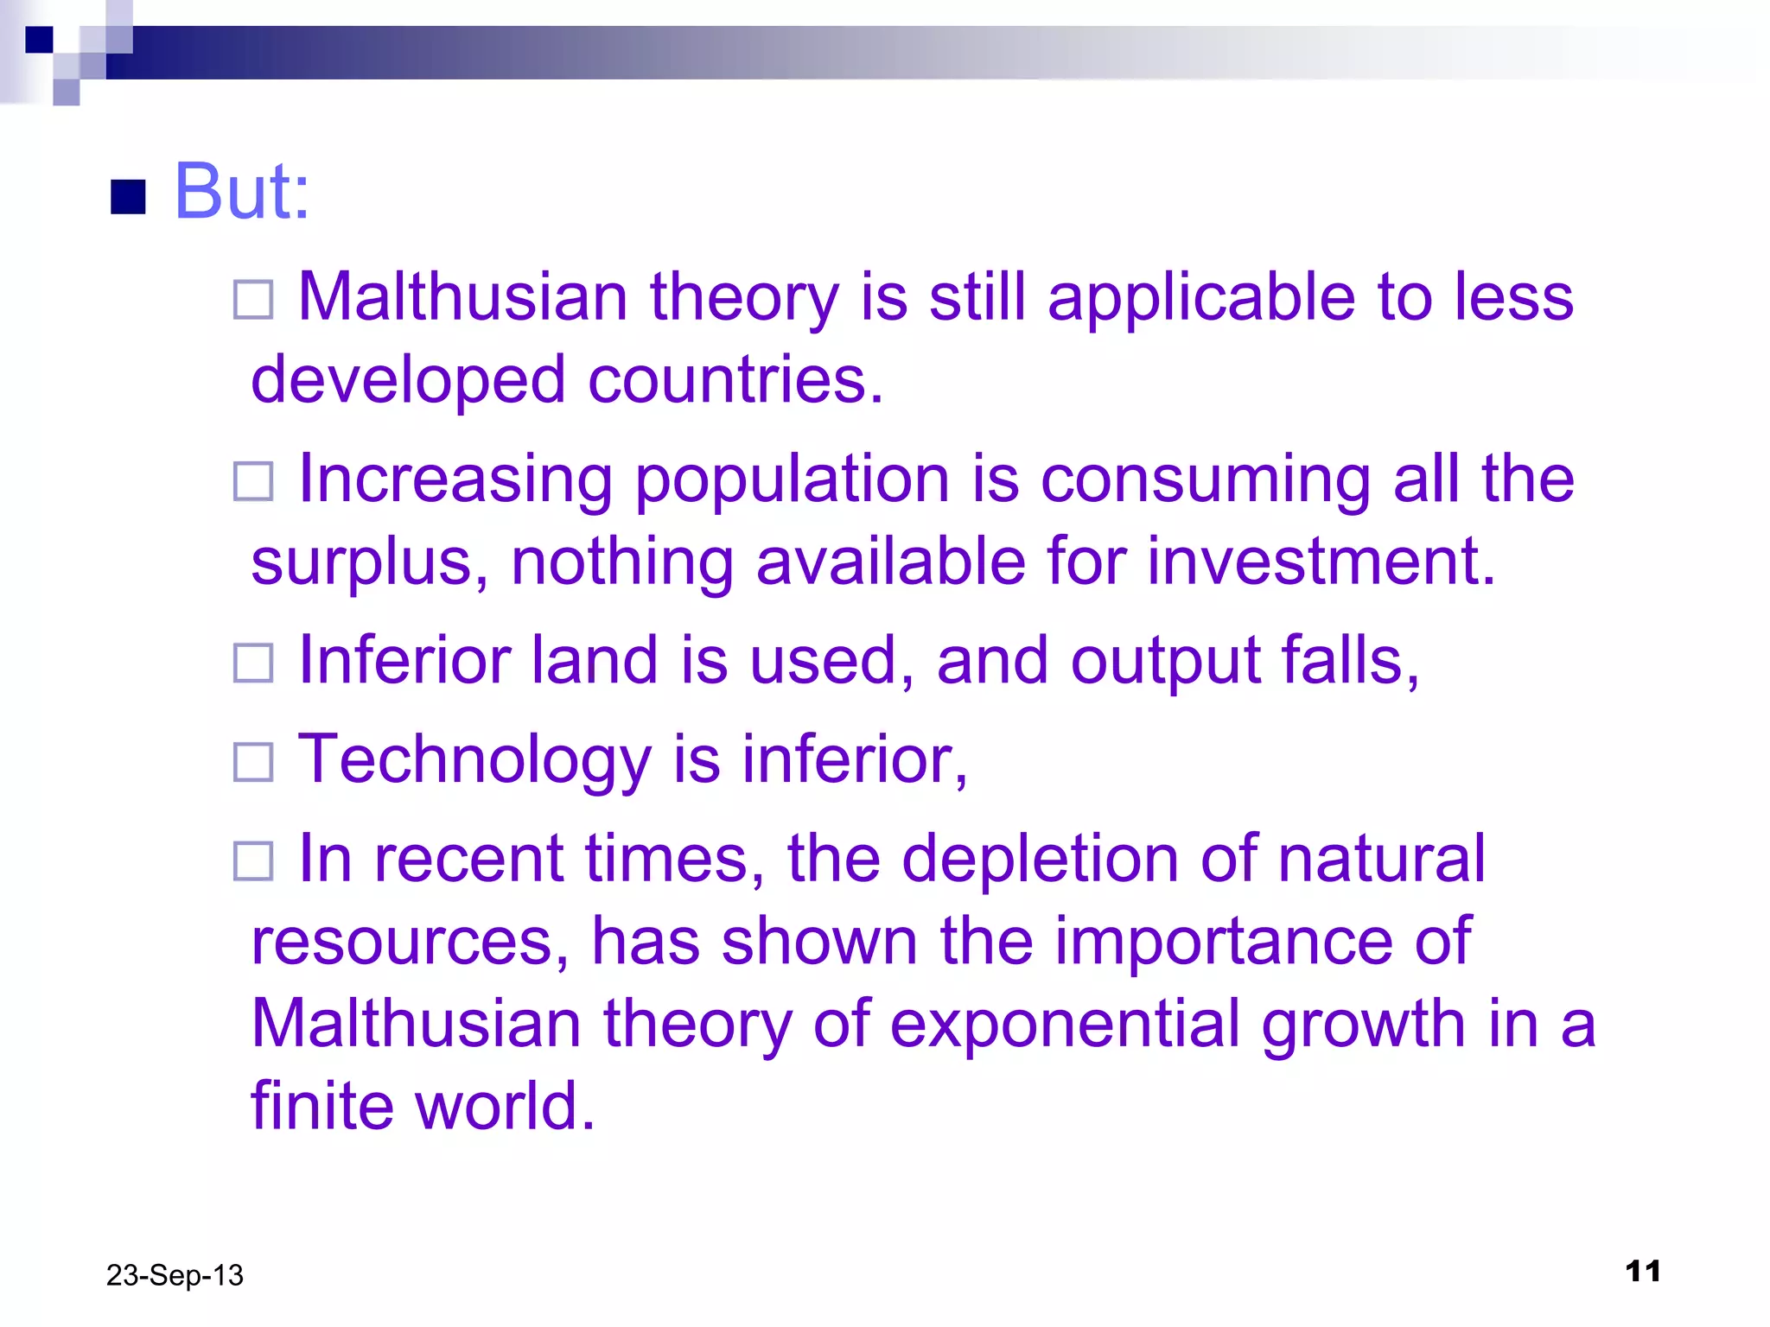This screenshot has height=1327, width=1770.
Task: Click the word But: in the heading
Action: click(241, 192)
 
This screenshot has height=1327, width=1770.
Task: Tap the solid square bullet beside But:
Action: click(129, 197)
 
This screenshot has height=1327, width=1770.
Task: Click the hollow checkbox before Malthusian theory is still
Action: click(253, 300)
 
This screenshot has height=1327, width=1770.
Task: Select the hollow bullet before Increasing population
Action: click(253, 481)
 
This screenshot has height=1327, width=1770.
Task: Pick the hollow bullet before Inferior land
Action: click(253, 663)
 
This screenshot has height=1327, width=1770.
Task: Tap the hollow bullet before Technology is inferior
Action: click(253, 762)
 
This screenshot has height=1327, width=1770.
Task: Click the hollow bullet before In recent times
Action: click(253, 861)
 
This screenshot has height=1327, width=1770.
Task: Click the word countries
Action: click(735, 380)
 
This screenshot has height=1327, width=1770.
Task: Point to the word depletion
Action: click(1040, 859)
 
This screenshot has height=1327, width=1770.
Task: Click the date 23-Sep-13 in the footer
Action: click(175, 1275)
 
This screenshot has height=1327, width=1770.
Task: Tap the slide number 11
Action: click(1642, 1271)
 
